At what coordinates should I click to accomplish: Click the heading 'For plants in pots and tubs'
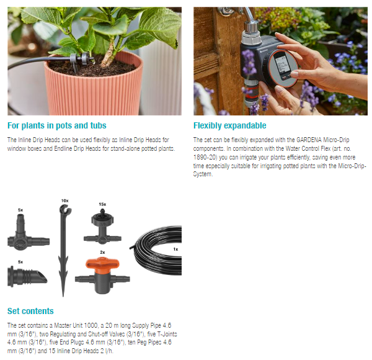point(57,125)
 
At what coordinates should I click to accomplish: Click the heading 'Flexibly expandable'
point(229,125)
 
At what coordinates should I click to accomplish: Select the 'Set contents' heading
point(30,311)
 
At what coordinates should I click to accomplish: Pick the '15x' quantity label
point(102,204)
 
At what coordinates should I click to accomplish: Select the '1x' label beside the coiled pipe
point(175,249)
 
